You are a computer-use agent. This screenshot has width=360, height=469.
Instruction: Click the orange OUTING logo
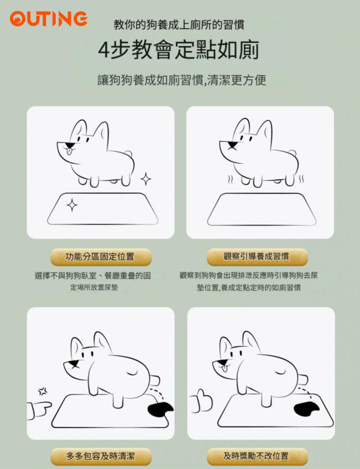[x=49, y=19]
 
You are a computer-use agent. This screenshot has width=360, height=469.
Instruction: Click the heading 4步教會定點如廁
[x=179, y=50]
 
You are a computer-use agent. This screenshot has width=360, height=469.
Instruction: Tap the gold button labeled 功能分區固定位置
[x=101, y=257]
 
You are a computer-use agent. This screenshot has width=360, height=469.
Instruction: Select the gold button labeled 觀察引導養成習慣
[x=257, y=257]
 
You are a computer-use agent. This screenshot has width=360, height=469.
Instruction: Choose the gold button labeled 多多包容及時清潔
[x=101, y=457]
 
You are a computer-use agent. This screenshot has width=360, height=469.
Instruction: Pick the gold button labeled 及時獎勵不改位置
[x=257, y=457]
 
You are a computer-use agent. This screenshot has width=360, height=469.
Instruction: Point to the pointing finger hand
[x=39, y=410]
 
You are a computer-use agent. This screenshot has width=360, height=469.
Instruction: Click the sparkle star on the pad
[x=72, y=205]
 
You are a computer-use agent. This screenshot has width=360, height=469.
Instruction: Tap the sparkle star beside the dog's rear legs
[x=146, y=179]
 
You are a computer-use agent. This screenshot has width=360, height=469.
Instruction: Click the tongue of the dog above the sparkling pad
[x=69, y=152]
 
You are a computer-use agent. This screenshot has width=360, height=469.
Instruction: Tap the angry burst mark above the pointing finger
[x=42, y=391]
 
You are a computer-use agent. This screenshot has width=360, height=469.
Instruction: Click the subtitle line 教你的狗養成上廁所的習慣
[x=179, y=25]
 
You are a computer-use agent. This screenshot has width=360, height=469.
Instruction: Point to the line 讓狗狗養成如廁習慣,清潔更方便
[x=182, y=80]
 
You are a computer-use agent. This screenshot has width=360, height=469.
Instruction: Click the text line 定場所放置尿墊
[x=94, y=287]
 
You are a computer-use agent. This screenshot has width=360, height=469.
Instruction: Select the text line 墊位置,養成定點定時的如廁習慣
[x=249, y=287]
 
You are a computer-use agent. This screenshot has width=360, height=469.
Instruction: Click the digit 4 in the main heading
[x=104, y=50]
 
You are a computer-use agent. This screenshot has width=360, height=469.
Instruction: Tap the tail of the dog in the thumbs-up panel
[x=303, y=379]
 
